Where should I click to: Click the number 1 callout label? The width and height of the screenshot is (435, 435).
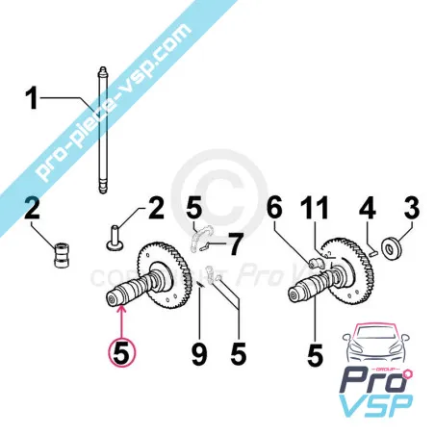click(33, 98)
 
